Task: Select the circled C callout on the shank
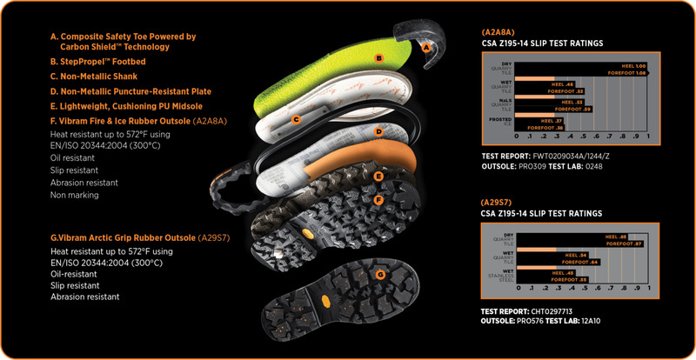click(296, 119)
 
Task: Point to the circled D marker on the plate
click(378, 133)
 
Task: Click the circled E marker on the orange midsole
click(378, 175)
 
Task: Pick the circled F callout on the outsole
click(378, 200)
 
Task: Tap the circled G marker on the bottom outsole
click(379, 275)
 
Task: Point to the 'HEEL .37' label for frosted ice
click(551, 121)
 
